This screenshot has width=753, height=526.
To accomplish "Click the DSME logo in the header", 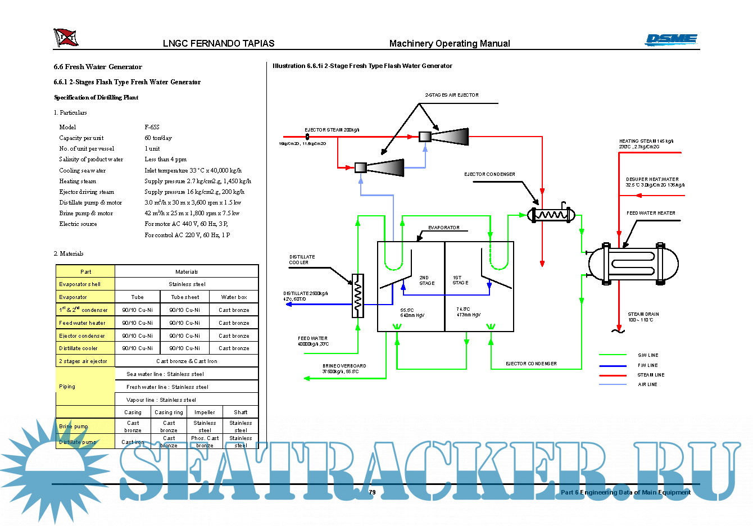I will [x=671, y=39].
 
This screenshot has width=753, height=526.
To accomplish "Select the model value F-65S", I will [x=152, y=127].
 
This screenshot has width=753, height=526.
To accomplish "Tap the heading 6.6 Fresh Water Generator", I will [x=98, y=67].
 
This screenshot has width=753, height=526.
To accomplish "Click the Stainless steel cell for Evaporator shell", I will [x=187, y=284].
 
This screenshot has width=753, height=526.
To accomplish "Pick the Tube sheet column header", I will [x=185, y=297].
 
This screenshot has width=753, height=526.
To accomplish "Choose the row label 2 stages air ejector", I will [x=83, y=361].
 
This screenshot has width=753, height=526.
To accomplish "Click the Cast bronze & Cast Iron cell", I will [x=187, y=361].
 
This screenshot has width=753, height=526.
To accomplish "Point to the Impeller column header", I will [x=205, y=412].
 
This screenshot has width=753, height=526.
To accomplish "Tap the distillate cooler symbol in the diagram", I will [x=358, y=296].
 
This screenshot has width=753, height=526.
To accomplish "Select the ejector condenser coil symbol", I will [x=551, y=215].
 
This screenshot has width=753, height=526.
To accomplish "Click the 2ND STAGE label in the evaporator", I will [x=427, y=280].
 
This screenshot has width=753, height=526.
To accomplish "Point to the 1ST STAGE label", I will [x=460, y=280].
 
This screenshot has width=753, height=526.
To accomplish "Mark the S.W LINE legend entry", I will [x=648, y=355].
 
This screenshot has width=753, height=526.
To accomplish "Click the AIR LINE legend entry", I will [x=647, y=385].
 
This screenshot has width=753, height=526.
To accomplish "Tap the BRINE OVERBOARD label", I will [x=344, y=366].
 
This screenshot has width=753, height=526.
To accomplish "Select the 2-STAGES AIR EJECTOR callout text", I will [x=452, y=96].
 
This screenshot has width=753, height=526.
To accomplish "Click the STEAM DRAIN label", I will [x=643, y=315].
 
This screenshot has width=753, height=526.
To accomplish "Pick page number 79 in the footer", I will [x=372, y=492].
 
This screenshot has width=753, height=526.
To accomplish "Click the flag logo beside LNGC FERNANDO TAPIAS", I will [x=66, y=38].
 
